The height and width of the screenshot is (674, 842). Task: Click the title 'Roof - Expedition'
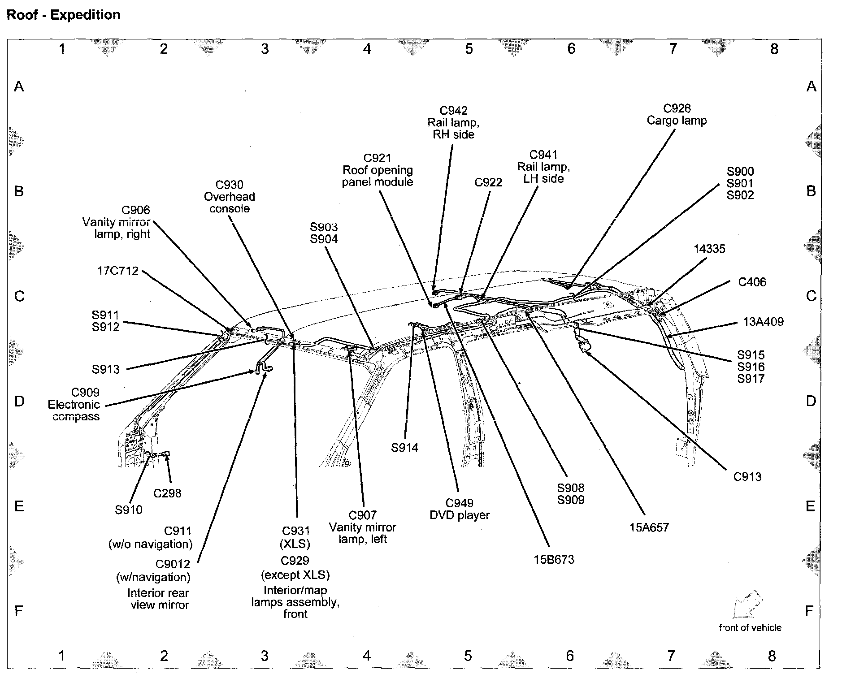pos(63,15)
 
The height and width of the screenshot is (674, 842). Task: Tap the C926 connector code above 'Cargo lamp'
pos(677,108)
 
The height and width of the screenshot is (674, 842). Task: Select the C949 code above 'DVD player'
pos(459,503)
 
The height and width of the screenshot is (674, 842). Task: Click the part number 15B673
pos(554,559)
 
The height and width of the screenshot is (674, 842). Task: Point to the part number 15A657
pos(649,527)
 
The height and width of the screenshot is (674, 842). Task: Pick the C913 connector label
pos(747,477)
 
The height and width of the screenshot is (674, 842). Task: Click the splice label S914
pos(404,447)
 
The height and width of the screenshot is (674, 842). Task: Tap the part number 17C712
pos(117,271)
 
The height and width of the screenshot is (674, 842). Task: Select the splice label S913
pos(106,369)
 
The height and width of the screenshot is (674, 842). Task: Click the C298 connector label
pos(167,493)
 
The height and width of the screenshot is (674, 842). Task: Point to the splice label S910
pos(129,510)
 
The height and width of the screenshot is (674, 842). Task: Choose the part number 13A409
pos(763,322)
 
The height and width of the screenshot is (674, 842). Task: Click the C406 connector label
pos(752,282)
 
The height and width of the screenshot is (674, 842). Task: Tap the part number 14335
pos(709,249)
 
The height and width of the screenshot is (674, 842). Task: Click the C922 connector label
pos(488,182)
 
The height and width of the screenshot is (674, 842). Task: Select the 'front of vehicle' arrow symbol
pos(747,604)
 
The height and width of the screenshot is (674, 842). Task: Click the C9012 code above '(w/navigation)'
pos(173,564)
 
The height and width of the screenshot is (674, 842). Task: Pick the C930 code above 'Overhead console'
pos(229,185)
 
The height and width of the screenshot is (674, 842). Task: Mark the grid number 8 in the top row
pos(774,49)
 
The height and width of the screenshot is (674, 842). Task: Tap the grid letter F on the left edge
pos(19,611)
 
